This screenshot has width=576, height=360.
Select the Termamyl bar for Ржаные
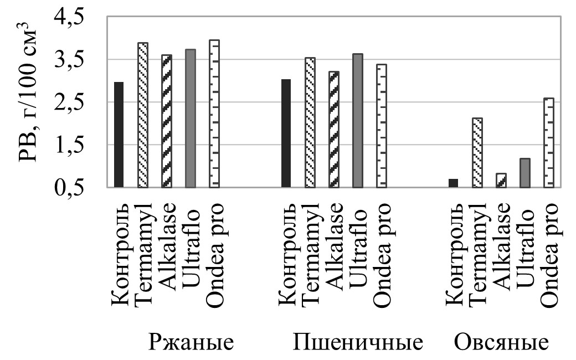(143, 115)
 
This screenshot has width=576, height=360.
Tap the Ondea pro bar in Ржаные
(214, 114)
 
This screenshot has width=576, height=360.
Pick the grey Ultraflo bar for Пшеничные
(357, 121)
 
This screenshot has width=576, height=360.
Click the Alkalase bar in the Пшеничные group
(333, 130)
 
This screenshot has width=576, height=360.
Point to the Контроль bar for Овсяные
(453, 183)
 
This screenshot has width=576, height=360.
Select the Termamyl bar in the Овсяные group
(477, 153)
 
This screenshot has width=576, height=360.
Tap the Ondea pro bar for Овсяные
(549, 143)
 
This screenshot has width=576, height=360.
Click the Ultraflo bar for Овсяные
(525, 173)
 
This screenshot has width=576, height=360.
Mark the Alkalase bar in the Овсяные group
(501, 181)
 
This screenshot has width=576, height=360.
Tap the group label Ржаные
(192, 343)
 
